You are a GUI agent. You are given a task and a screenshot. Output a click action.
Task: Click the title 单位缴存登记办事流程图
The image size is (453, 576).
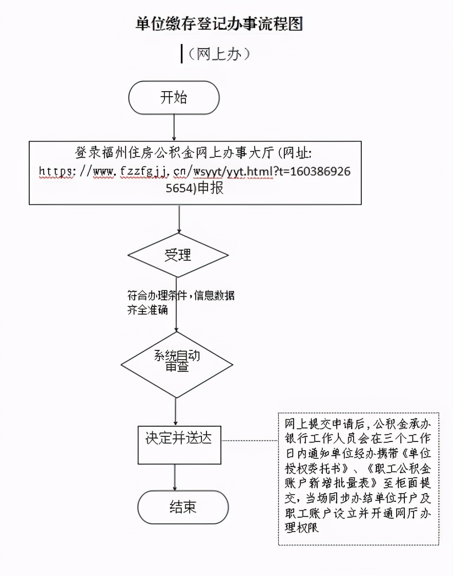click(219, 23)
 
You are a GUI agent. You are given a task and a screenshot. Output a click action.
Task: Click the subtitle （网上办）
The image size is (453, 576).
click(219, 54)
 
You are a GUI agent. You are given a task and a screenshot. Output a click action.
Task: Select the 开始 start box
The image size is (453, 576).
click(174, 98)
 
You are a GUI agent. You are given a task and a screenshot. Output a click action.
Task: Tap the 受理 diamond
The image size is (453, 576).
click(178, 255)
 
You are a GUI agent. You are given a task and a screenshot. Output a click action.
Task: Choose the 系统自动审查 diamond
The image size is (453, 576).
click(177, 361)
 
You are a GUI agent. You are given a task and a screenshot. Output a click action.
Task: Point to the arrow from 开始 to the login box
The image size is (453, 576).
click(174, 126)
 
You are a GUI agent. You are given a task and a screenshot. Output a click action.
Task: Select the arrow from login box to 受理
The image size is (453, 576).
click(179, 218)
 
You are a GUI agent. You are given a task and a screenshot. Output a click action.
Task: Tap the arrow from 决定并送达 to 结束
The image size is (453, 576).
click(176, 477)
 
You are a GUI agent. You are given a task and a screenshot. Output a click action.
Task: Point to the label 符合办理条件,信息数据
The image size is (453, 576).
click(181, 296)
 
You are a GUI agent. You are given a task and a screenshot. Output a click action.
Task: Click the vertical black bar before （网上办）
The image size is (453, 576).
click(182, 54)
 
